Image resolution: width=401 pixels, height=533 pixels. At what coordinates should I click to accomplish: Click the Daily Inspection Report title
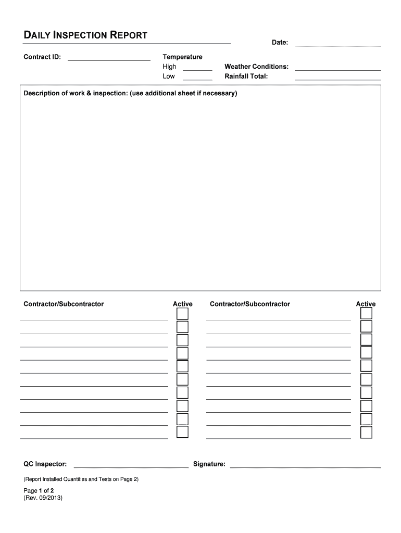coord(85,35)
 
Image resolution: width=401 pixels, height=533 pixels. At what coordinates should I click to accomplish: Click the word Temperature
coord(182,57)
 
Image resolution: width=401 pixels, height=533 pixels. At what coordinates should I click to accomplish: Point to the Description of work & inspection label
coord(130,94)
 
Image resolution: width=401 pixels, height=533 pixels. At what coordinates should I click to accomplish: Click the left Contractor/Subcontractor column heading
coord(64,304)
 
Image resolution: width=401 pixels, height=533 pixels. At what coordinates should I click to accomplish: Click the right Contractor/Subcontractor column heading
coord(250,304)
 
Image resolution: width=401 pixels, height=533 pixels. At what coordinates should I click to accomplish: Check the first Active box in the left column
coord(182,314)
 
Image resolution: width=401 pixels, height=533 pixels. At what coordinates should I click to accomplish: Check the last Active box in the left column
coord(182,433)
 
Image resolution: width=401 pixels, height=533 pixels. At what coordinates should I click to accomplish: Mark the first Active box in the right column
coord(367,313)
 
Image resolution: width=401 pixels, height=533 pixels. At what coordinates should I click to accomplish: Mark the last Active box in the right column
coord(367,433)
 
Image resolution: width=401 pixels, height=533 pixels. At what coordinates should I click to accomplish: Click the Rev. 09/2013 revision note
coord(43,498)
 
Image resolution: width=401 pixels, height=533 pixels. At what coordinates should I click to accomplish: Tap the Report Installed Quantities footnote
coord(81,479)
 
